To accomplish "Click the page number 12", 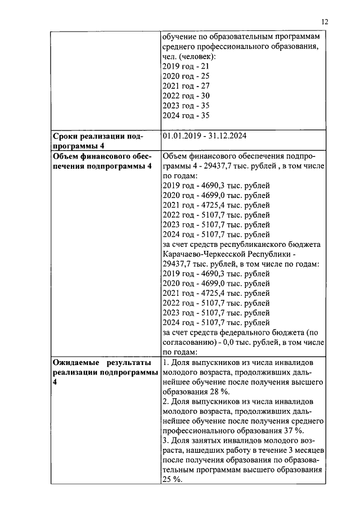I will pos(325,21).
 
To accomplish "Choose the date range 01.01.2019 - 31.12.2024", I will pos(204,136).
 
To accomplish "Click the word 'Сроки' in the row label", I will pos(66,137).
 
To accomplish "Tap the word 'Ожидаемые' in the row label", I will pos(76,362).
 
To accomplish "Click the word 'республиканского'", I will pos(255,244).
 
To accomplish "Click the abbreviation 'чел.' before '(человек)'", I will pos(170,56).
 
